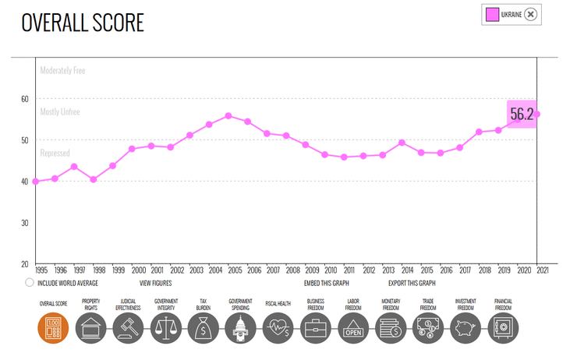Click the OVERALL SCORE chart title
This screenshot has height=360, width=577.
(x=83, y=23)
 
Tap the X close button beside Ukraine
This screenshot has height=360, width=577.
(x=530, y=14)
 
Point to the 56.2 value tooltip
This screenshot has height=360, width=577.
(x=521, y=115)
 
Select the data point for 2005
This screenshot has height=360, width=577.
(x=228, y=116)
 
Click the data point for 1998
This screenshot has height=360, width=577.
(x=94, y=179)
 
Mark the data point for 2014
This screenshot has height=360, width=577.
(x=402, y=143)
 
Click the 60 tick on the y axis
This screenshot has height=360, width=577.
(x=26, y=99)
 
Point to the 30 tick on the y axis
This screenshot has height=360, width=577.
(x=26, y=223)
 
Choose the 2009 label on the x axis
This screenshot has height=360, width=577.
(x=312, y=270)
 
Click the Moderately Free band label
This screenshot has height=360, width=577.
(x=62, y=71)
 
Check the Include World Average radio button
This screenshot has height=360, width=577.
(x=30, y=283)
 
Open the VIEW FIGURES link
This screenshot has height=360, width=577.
(x=155, y=283)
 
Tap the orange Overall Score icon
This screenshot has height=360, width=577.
(x=53, y=328)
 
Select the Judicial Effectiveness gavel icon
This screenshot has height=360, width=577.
(x=129, y=328)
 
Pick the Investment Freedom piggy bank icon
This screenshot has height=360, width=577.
(x=465, y=328)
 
